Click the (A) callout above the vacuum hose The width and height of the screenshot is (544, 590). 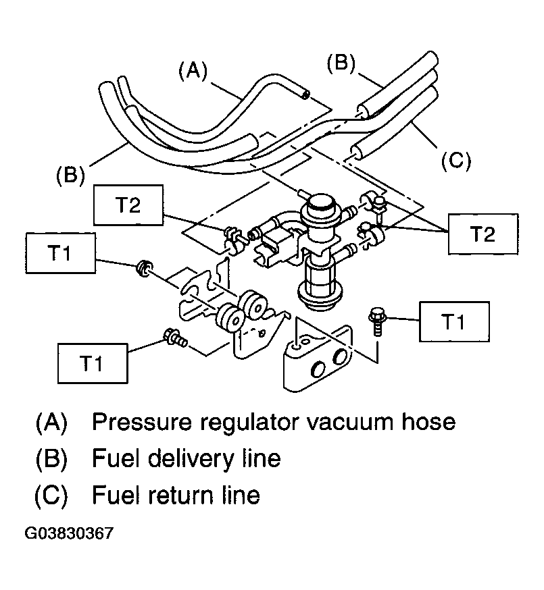193,71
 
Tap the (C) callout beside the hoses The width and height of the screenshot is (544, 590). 456,161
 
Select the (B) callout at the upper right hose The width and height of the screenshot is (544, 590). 341,63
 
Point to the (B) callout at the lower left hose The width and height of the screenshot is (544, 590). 71,176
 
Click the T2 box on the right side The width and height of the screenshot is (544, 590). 483,234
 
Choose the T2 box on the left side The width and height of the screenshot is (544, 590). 128,205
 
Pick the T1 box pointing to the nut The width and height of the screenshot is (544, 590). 60,253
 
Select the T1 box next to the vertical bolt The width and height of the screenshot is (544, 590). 454,322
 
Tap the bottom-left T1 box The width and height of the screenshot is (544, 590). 93,363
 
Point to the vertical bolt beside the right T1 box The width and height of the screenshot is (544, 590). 376,321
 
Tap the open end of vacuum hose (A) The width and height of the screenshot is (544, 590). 305,95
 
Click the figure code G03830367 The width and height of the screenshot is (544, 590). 69,533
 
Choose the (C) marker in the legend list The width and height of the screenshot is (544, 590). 51,495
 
